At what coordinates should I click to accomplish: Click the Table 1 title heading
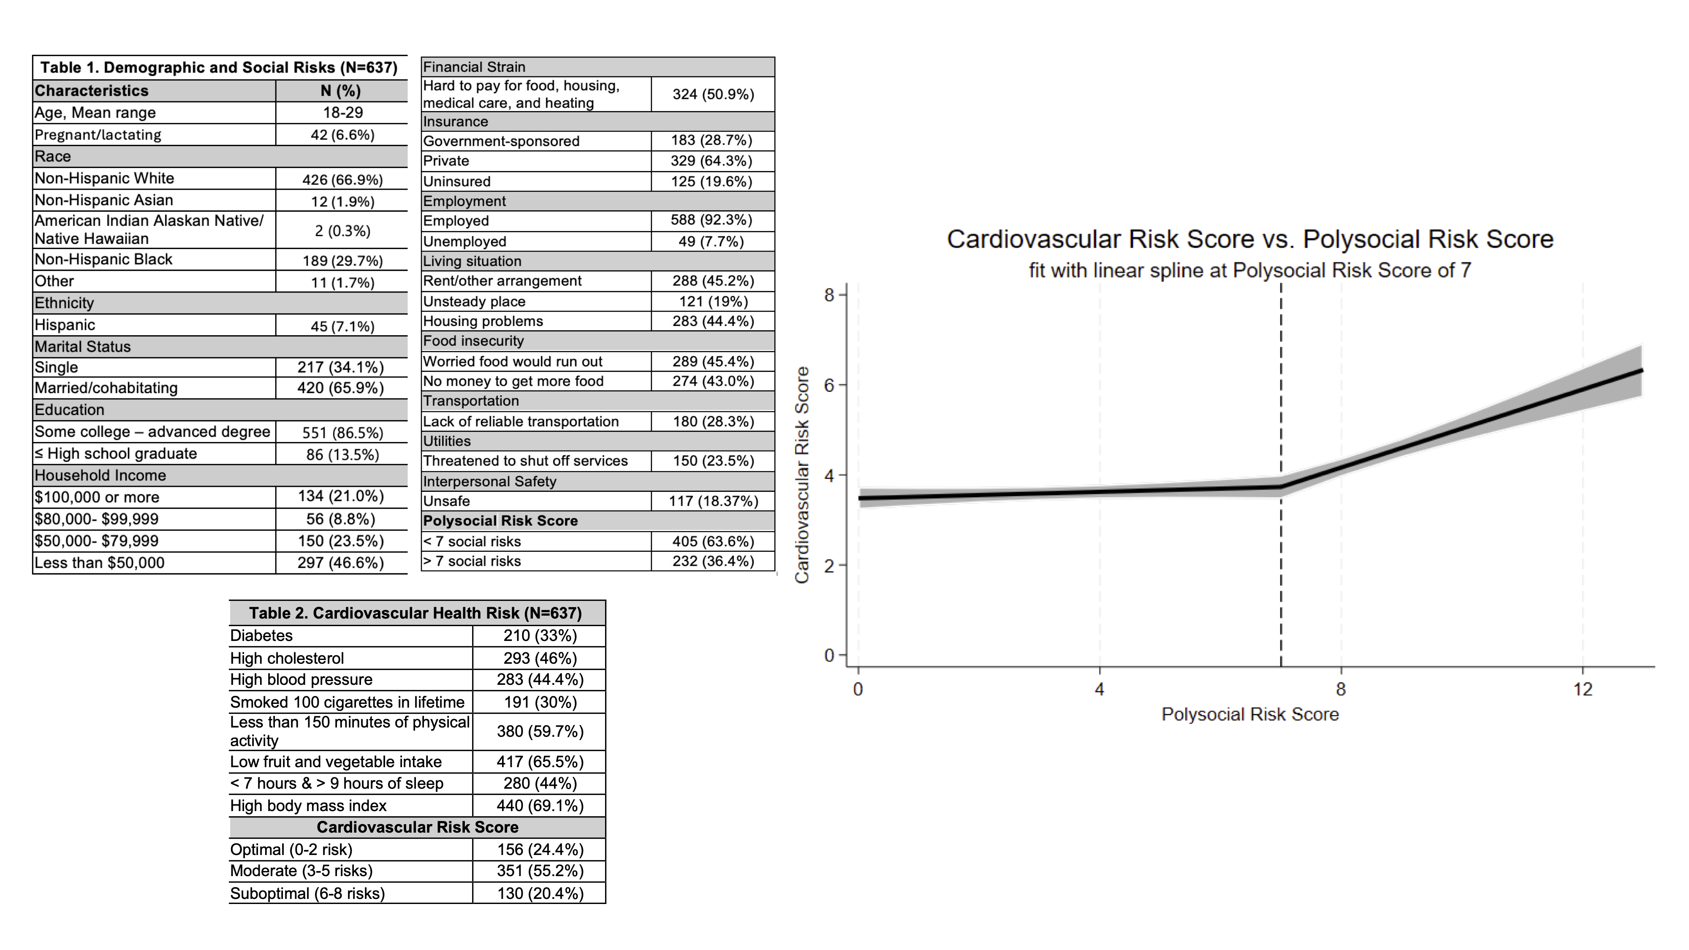[x=219, y=68]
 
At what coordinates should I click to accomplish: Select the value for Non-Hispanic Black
[x=342, y=260]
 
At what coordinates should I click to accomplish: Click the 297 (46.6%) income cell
[x=340, y=562]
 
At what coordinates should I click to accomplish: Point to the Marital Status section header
[x=83, y=347]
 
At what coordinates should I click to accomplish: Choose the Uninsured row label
[x=456, y=181]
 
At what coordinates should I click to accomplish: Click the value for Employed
[x=711, y=220]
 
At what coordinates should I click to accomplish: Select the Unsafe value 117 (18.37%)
[x=713, y=501]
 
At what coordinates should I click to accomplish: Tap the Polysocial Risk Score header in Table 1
[x=500, y=521]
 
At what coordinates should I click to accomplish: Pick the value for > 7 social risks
[x=713, y=561]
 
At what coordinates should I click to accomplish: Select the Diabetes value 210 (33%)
[x=540, y=635]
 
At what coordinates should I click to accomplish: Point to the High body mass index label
[x=308, y=805]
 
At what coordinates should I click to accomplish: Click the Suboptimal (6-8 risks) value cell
[x=540, y=893]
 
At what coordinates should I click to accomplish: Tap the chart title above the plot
[x=1250, y=239]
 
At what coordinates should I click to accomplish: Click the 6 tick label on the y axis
[x=829, y=385]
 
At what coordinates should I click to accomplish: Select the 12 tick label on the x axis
[x=1582, y=689]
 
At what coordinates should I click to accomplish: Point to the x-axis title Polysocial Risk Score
[x=1250, y=714]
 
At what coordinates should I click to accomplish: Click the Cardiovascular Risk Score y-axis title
[x=802, y=475]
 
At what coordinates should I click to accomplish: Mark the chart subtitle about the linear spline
[x=1250, y=270]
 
